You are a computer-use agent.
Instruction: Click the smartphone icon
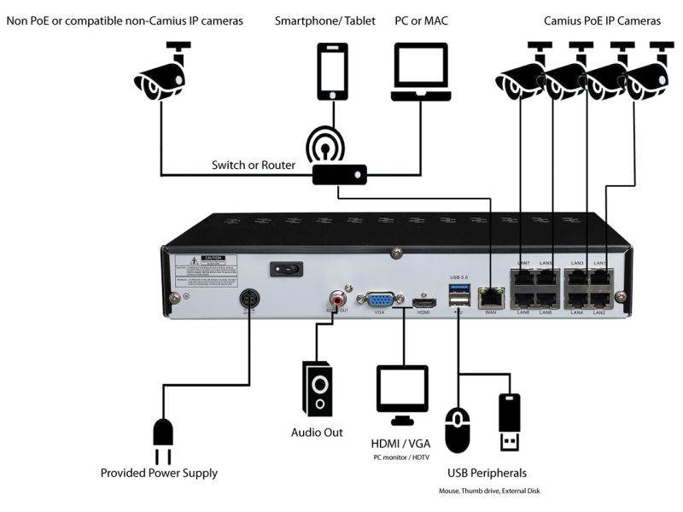333,72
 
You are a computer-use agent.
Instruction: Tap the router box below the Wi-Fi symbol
339,174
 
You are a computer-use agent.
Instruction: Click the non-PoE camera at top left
161,73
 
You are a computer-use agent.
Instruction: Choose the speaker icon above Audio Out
317,391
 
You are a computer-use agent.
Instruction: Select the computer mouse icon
458,430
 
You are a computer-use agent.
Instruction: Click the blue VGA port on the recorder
380,300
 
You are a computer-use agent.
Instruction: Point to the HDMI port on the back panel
424,302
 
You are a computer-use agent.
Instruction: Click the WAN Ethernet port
491,298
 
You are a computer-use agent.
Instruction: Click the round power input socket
249,299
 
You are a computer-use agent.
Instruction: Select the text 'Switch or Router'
254,165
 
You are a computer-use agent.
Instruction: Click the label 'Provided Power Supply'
159,473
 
